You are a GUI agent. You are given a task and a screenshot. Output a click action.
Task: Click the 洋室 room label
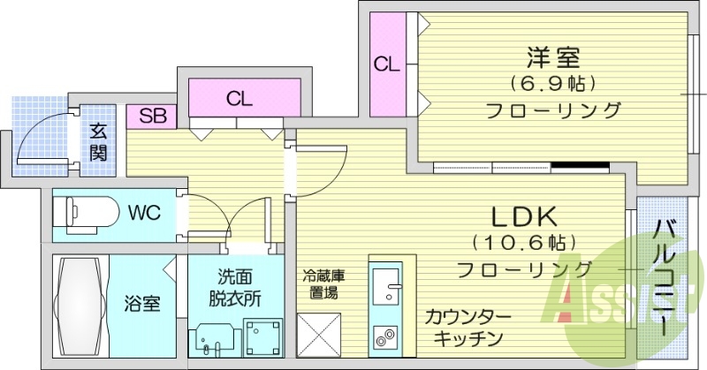pos(553,57)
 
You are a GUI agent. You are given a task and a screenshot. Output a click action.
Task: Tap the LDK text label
pos(524,217)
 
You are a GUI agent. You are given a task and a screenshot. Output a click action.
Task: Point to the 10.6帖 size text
pos(524,243)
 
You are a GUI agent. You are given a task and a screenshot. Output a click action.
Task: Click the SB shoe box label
pos(152,117)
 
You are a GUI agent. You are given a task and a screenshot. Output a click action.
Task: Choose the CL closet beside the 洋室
pos(386,64)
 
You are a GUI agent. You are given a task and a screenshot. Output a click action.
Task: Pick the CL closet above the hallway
pos(245,98)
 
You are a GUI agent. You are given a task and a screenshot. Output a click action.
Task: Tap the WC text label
pos(144,212)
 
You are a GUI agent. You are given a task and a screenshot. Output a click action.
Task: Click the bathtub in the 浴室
pos(80,307)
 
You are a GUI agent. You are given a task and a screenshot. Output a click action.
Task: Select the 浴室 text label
pos(142,304)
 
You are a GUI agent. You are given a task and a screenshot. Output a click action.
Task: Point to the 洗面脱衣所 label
pos(234,288)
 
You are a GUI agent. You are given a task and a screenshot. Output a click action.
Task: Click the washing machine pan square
pos(263,338)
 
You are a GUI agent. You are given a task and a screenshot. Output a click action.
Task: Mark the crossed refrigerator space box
pos(319,336)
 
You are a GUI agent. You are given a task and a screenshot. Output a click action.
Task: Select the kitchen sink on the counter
pos(386,285)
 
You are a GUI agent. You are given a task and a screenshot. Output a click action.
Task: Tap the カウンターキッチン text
pos(468,328)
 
